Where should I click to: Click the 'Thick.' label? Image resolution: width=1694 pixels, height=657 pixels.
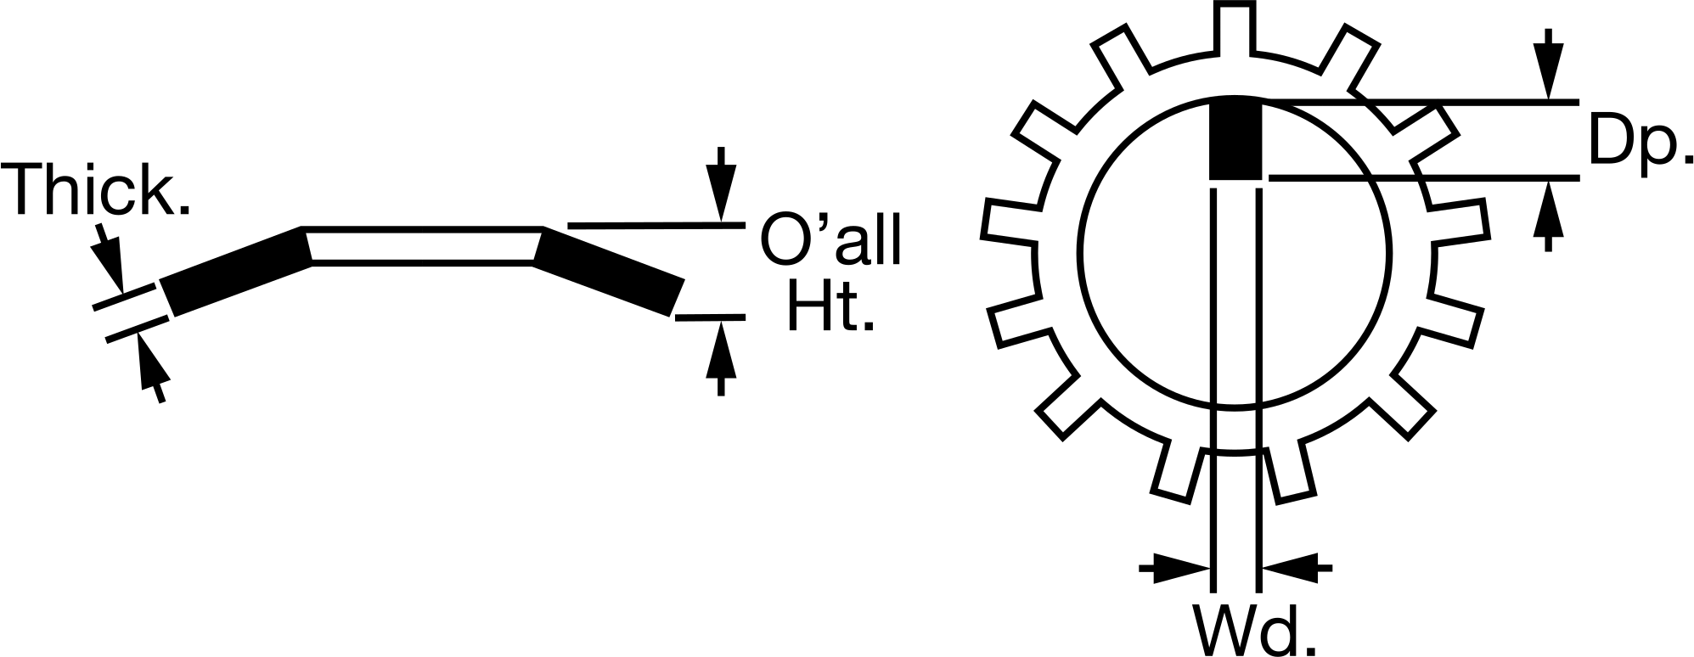[x=101, y=190]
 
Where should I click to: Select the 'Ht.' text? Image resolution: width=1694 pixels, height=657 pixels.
[x=830, y=305]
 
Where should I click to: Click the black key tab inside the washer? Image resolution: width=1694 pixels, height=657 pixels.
[x=1235, y=140]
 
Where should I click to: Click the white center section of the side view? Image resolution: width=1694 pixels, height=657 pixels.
[x=423, y=246]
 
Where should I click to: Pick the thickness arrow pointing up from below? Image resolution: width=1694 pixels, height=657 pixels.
[x=150, y=369]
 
